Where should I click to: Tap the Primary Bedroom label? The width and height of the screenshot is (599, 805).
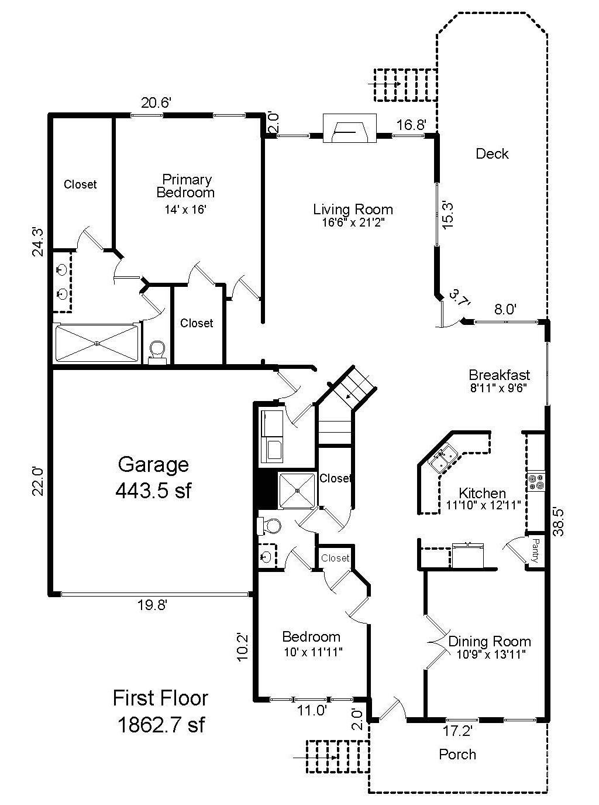pos(187,186)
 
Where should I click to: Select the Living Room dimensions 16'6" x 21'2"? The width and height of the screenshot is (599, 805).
pos(353,222)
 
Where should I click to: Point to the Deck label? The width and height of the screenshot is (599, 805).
pos(491,154)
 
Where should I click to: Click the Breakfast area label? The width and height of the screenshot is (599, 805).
pos(499,375)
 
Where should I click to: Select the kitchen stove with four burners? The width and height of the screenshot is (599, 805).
pos(536,482)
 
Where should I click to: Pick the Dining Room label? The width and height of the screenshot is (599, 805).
pos(489,641)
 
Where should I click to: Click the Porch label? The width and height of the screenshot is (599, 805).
pos(457,755)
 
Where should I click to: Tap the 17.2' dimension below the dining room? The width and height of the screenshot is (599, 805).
pos(457,731)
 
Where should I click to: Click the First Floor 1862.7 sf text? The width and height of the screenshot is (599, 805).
pos(160,711)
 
